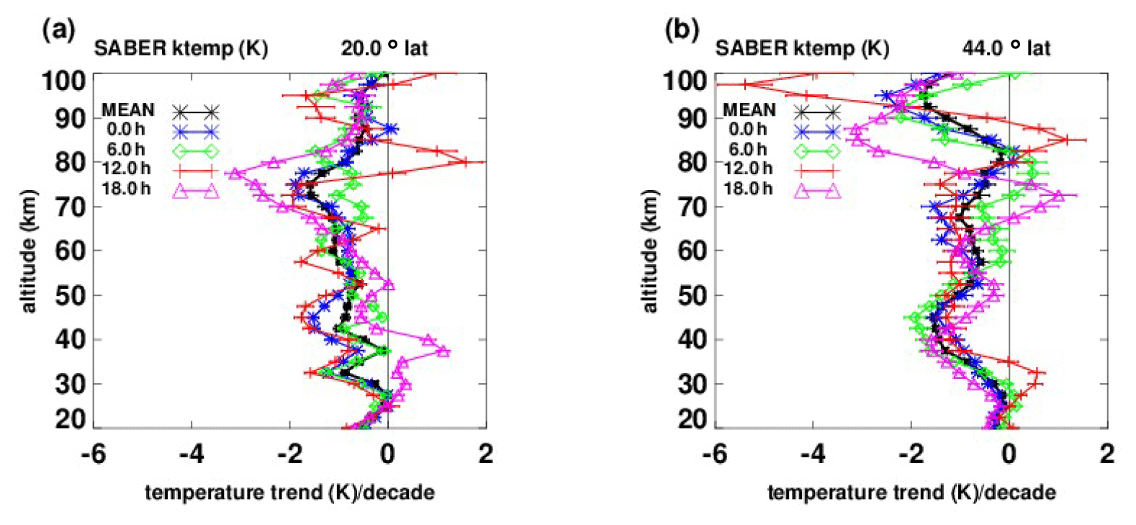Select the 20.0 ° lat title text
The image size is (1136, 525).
384,48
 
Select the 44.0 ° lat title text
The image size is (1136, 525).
1006,48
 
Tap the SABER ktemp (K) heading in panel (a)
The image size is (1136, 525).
181,48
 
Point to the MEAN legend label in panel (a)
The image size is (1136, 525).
127,110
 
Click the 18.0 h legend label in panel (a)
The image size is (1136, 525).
126,189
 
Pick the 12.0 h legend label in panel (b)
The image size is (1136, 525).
747,169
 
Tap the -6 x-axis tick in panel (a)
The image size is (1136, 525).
94,454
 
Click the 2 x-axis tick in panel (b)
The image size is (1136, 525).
1107,454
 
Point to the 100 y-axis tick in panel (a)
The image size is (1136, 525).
63,80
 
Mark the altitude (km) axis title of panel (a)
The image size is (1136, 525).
28,251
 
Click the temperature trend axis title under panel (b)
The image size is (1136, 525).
911,493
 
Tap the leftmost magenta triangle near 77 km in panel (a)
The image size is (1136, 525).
233,174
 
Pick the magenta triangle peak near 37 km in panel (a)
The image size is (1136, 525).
443,351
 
